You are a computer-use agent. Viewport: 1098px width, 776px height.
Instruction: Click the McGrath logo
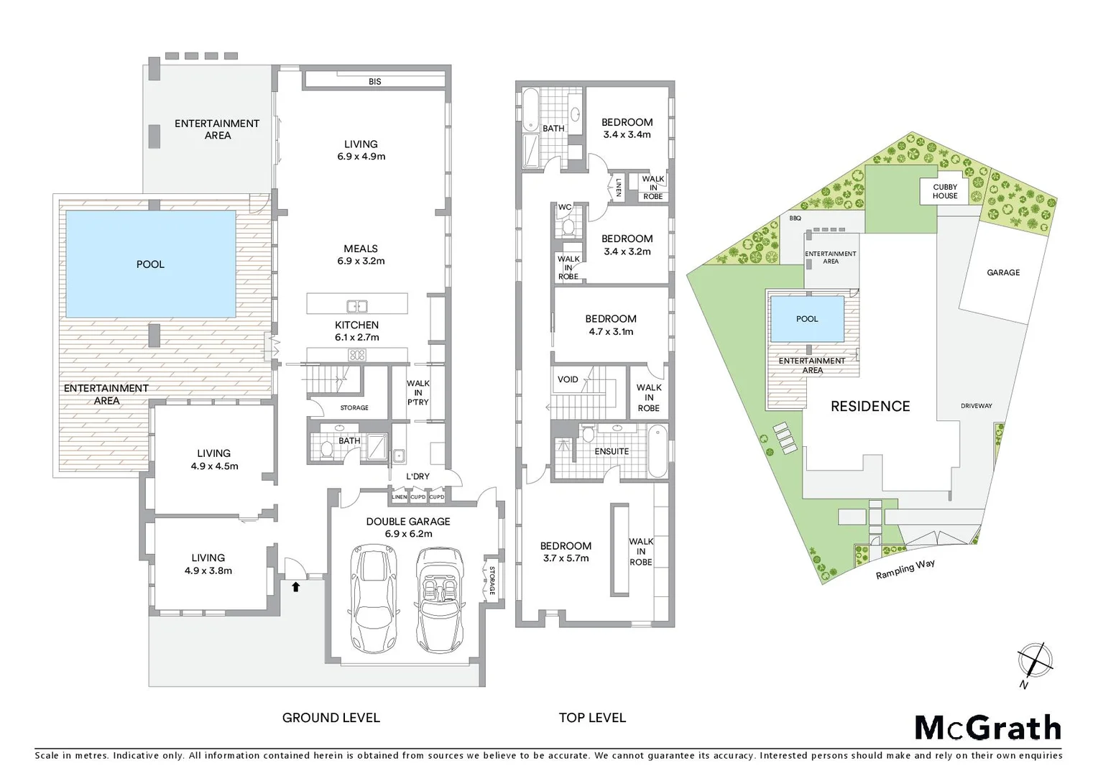(987, 728)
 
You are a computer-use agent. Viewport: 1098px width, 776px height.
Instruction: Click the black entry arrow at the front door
(295, 586)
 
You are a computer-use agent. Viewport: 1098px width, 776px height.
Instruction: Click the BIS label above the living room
(374, 82)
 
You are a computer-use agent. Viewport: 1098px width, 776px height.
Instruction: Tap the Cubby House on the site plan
(945, 191)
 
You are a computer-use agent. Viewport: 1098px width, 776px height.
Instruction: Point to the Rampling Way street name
(905, 569)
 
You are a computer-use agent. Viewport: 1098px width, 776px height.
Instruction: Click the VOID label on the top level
(568, 379)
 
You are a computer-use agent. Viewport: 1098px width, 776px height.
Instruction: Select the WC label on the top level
(565, 208)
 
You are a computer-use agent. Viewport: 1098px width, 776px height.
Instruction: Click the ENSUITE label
(612, 451)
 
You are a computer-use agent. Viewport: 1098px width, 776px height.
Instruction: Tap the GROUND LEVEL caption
(331, 717)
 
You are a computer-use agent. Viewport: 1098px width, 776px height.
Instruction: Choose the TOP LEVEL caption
(592, 717)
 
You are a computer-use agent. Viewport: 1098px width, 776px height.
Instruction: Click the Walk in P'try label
(417, 392)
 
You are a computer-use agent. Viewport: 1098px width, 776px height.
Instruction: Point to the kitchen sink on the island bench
(357, 306)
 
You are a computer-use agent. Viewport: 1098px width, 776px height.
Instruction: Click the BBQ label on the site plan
(795, 218)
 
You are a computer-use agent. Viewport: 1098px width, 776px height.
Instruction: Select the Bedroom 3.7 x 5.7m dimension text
(566, 558)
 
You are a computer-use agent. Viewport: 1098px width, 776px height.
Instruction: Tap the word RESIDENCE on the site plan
(870, 406)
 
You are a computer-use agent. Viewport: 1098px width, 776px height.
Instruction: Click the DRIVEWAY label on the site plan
(976, 406)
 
